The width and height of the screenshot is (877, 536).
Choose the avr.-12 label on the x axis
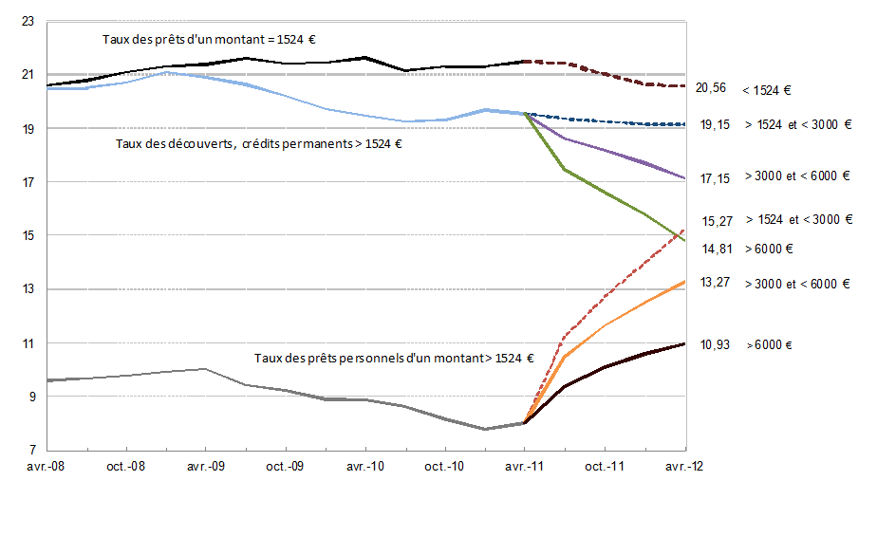click(x=683, y=466)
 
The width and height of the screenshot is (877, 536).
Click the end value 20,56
click(x=711, y=88)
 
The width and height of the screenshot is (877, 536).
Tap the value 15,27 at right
click(x=718, y=220)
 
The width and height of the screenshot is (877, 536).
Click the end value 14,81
click(x=718, y=249)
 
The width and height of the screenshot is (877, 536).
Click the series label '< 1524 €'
click(x=767, y=90)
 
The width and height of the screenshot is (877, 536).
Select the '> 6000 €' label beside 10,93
click(x=770, y=344)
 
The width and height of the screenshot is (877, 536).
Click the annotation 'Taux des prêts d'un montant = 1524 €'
click(x=209, y=40)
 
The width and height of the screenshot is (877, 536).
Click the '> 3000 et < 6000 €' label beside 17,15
click(x=797, y=177)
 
